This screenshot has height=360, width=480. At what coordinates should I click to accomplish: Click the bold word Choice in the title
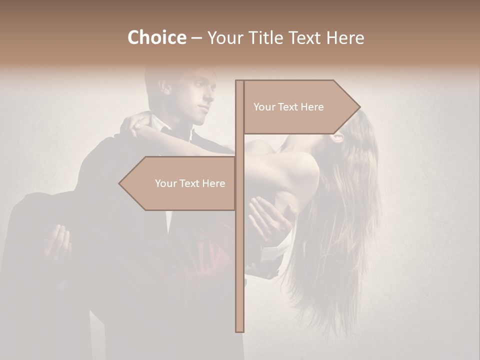pyautogui.click(x=156, y=37)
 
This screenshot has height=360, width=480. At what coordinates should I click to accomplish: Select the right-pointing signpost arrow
pyautogui.click(x=300, y=107)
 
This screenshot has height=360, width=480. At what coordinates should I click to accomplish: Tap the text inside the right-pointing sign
pyautogui.click(x=288, y=107)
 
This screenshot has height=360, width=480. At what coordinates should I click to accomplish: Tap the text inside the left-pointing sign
pyautogui.click(x=190, y=183)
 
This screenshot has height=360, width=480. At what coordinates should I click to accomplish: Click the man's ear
pyautogui.click(x=166, y=88)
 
